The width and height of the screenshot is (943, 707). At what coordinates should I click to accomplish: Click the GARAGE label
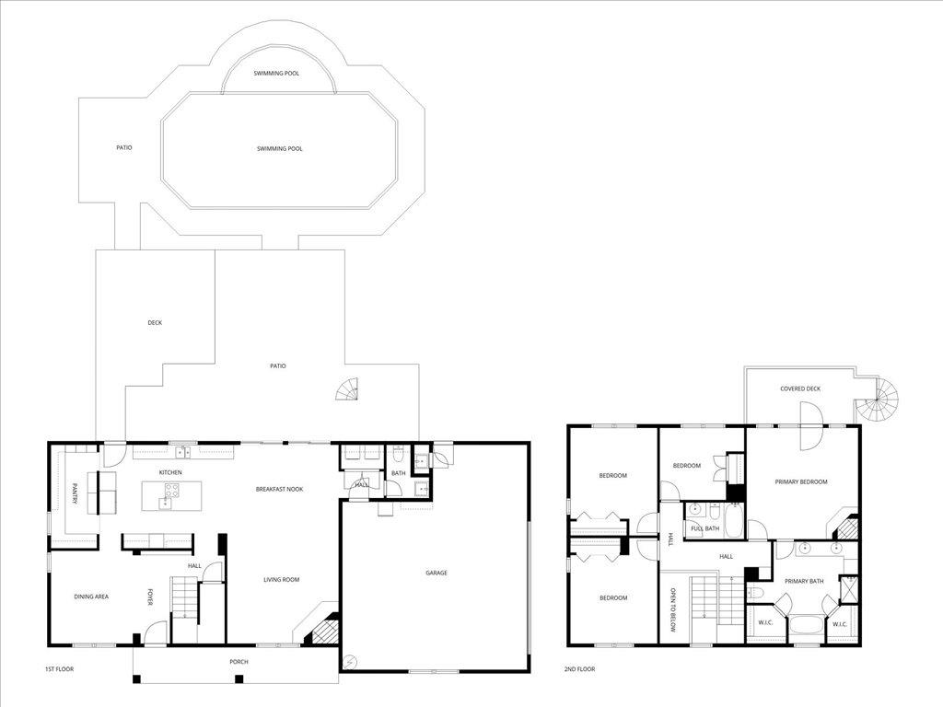[436, 573]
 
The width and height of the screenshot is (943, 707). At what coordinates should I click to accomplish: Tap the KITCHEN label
[170, 472]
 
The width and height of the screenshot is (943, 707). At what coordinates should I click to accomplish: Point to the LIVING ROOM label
[282, 579]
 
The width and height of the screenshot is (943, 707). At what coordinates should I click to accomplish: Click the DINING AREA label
[91, 597]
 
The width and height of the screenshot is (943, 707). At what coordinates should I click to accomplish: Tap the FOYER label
[150, 597]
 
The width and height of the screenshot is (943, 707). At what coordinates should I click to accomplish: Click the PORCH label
[239, 661]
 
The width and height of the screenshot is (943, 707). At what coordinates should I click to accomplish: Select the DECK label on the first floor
[155, 322]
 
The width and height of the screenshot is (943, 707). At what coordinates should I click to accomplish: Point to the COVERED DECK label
[800, 388]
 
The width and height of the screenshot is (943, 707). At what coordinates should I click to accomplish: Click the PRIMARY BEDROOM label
[801, 481]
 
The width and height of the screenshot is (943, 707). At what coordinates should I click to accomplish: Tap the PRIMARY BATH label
[803, 581]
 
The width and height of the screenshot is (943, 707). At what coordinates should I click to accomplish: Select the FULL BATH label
[705, 528]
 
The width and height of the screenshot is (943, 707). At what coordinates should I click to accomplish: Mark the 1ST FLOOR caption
[59, 669]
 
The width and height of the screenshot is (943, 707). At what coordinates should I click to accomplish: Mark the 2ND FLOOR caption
[580, 669]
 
